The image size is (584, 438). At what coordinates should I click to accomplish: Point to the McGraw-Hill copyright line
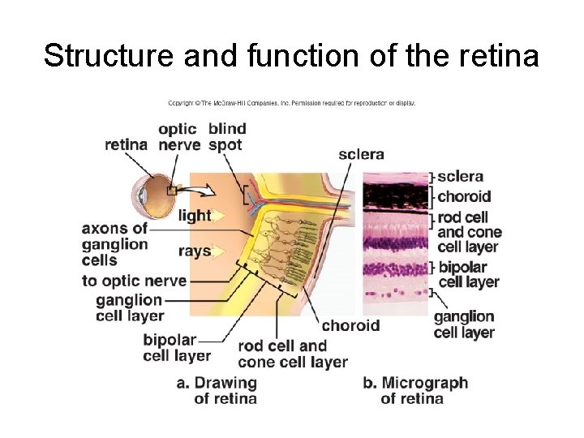pyautogui.click(x=291, y=103)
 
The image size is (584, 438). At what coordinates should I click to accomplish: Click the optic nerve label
pyautogui.click(x=179, y=137)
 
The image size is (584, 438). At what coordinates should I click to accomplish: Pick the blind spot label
pyautogui.click(x=226, y=137)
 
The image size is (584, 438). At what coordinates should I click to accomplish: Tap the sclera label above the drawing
pyautogui.click(x=361, y=154)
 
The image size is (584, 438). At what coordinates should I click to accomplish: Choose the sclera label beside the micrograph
pyautogui.click(x=460, y=176)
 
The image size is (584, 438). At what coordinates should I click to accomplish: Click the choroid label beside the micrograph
pyautogui.click(x=464, y=196)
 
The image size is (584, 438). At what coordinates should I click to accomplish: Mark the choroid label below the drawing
pyautogui.click(x=350, y=326)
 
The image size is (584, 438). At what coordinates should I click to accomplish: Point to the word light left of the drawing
pyautogui.click(x=195, y=216)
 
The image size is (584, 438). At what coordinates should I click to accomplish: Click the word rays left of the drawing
pyautogui.click(x=195, y=251)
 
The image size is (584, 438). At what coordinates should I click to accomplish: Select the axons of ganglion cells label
pyautogui.click(x=114, y=244)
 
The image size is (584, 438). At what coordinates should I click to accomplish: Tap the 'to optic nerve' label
pyautogui.click(x=134, y=281)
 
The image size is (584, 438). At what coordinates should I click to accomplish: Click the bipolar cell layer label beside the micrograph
pyautogui.click(x=468, y=274)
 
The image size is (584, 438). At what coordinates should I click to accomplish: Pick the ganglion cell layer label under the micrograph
pyautogui.click(x=464, y=324)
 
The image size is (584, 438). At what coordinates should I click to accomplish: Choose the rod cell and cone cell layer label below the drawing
pyautogui.click(x=291, y=354)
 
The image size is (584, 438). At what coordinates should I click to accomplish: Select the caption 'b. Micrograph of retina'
pyautogui.click(x=414, y=390)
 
